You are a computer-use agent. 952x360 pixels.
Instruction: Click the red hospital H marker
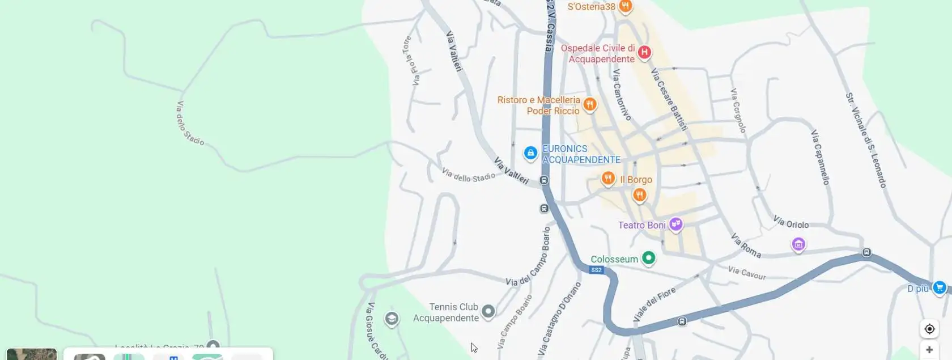pos(644,52)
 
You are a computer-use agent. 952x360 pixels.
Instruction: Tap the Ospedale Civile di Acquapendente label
pos(598,54)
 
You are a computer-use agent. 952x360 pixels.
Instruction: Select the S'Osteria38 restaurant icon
pos(625,6)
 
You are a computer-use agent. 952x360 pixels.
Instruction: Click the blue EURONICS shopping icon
pos(530,153)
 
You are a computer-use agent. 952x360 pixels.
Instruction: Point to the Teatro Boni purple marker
pos(675,224)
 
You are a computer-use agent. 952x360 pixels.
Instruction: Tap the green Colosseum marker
pos(649,258)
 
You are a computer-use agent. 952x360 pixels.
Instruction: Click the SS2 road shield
pos(596,270)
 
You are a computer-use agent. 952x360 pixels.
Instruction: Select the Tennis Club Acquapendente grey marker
pos(488,311)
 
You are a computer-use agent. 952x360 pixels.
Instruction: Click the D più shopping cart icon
pos(940,287)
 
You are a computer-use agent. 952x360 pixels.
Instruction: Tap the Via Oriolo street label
pos(791,222)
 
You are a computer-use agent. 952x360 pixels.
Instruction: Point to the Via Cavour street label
pos(747,273)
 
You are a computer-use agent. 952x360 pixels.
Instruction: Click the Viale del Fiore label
pos(654,304)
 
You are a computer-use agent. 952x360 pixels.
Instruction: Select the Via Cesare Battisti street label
pos(669,100)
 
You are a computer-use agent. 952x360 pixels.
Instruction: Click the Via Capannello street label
pos(821,157)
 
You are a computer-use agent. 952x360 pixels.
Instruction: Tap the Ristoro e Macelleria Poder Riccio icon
pos(590,104)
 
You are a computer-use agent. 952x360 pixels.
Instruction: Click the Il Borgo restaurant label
pos(636,180)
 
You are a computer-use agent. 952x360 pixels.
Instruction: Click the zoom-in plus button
pos(929,350)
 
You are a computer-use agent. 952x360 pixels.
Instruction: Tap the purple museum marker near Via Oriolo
pos(798,244)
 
